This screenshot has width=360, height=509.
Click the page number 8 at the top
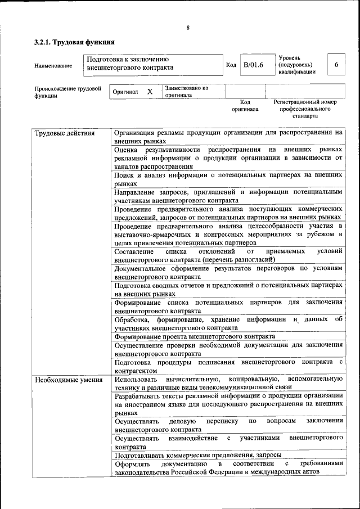click(188, 28)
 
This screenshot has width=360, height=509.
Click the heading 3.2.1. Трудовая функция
click(74, 42)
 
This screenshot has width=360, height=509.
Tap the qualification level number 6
click(336, 65)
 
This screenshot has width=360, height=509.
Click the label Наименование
click(53, 66)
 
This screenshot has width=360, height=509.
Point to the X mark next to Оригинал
click(150, 91)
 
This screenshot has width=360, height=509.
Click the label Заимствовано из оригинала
click(186, 92)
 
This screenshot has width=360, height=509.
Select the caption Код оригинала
click(245, 105)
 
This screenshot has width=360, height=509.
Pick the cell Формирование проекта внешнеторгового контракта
click(195, 336)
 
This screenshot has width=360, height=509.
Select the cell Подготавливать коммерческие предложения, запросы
click(198, 455)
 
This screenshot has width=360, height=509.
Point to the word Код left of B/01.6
click(231, 65)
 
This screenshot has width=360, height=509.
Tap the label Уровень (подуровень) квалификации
click(296, 65)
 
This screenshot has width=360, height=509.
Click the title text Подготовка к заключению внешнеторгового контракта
click(131, 63)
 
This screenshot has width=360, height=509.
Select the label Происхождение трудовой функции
click(67, 92)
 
